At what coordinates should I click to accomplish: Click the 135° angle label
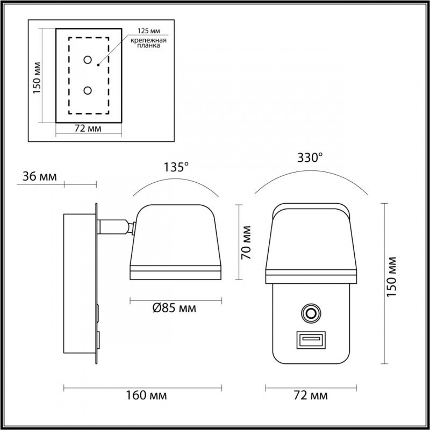click(x=177, y=167)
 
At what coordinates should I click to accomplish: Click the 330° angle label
click(x=311, y=157)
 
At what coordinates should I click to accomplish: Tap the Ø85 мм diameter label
click(x=173, y=308)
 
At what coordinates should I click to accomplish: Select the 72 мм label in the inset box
click(x=88, y=130)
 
